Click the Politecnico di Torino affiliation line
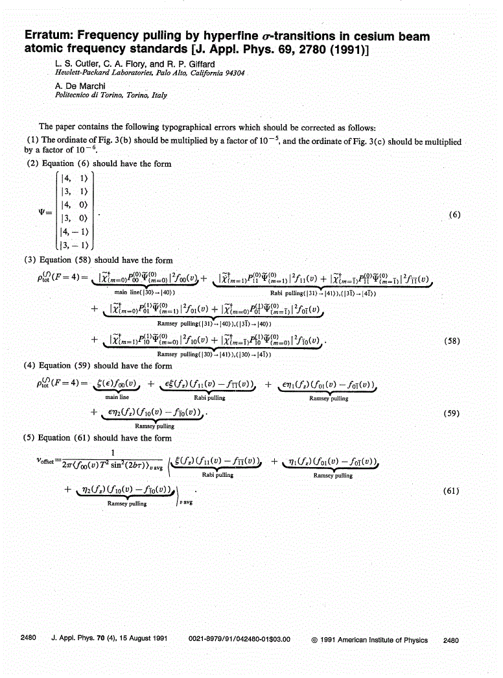[111, 95]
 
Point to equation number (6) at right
[454, 215]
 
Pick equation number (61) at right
[452, 490]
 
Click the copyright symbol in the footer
[314, 640]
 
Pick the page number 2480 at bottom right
[450, 640]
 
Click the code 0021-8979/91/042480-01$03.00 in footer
[239, 640]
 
